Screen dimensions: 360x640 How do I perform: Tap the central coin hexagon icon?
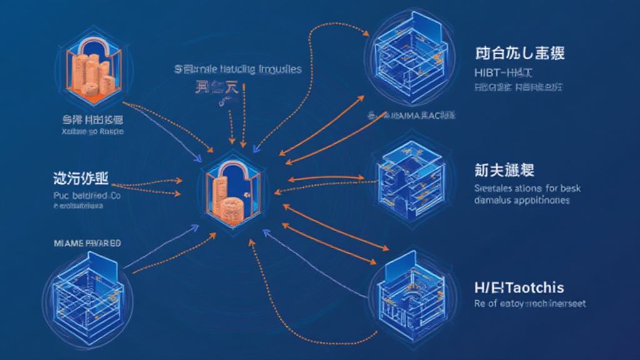(x=232, y=187)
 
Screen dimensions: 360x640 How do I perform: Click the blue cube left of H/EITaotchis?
(x=407, y=291)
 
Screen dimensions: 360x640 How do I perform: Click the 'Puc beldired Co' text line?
(x=86, y=196)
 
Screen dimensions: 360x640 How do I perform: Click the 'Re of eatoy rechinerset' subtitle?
(x=530, y=304)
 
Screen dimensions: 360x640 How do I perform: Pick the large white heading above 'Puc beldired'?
(x=81, y=177)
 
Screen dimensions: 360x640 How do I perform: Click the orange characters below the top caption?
(x=217, y=88)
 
